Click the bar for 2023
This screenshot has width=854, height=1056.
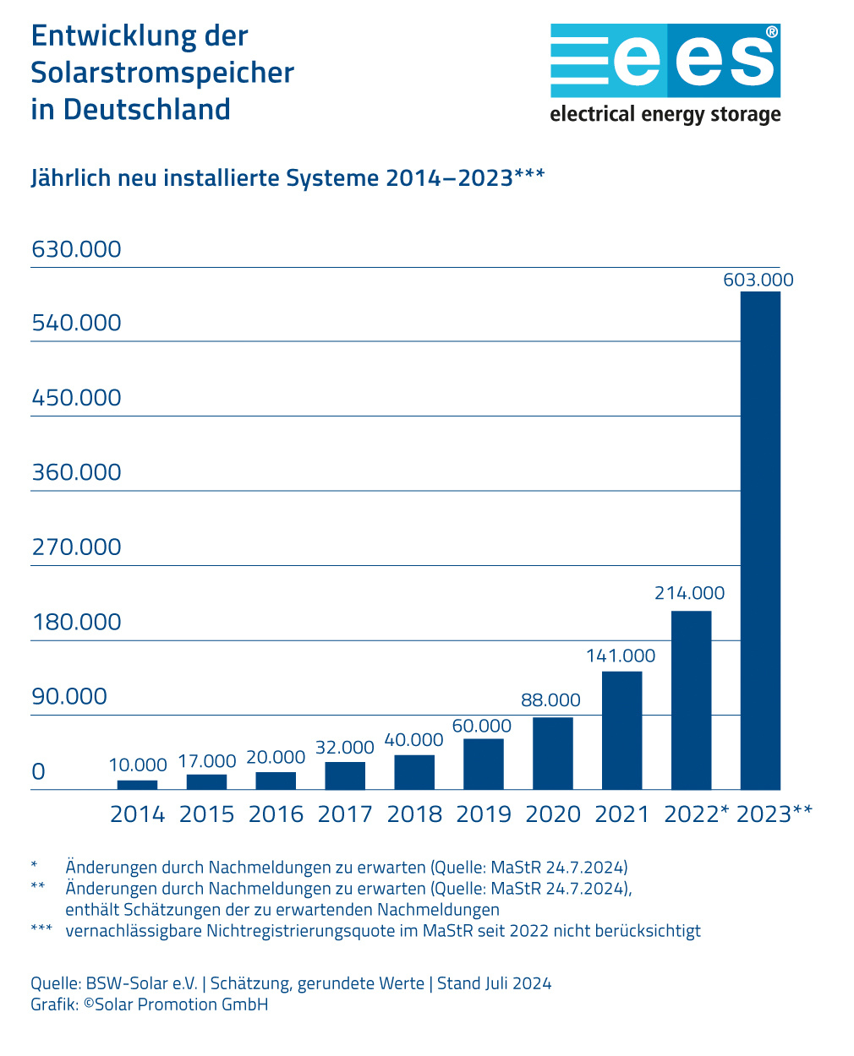(x=760, y=541)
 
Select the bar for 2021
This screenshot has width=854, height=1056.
(x=621, y=731)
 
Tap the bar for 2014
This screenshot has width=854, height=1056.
(x=137, y=785)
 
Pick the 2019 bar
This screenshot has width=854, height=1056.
(x=484, y=765)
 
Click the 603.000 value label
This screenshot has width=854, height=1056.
(x=758, y=280)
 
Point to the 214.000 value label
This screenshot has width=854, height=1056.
(x=689, y=594)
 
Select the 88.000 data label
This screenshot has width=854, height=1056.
(x=550, y=700)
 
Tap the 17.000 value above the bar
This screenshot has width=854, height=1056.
(x=206, y=762)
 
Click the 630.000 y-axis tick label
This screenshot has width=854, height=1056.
(x=76, y=249)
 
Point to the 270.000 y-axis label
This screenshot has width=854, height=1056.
(x=76, y=547)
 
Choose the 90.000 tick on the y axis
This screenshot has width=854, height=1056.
(x=69, y=696)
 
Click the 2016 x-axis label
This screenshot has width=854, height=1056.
(x=276, y=814)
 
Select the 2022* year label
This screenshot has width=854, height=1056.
(x=696, y=814)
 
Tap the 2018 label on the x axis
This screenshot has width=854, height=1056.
(x=414, y=814)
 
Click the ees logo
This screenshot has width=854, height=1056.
(x=665, y=60)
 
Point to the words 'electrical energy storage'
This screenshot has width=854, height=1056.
(x=665, y=114)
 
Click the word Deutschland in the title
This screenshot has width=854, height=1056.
(x=147, y=110)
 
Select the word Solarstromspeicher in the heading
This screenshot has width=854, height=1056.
(x=162, y=73)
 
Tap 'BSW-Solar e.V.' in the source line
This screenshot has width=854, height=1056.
(x=142, y=983)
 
